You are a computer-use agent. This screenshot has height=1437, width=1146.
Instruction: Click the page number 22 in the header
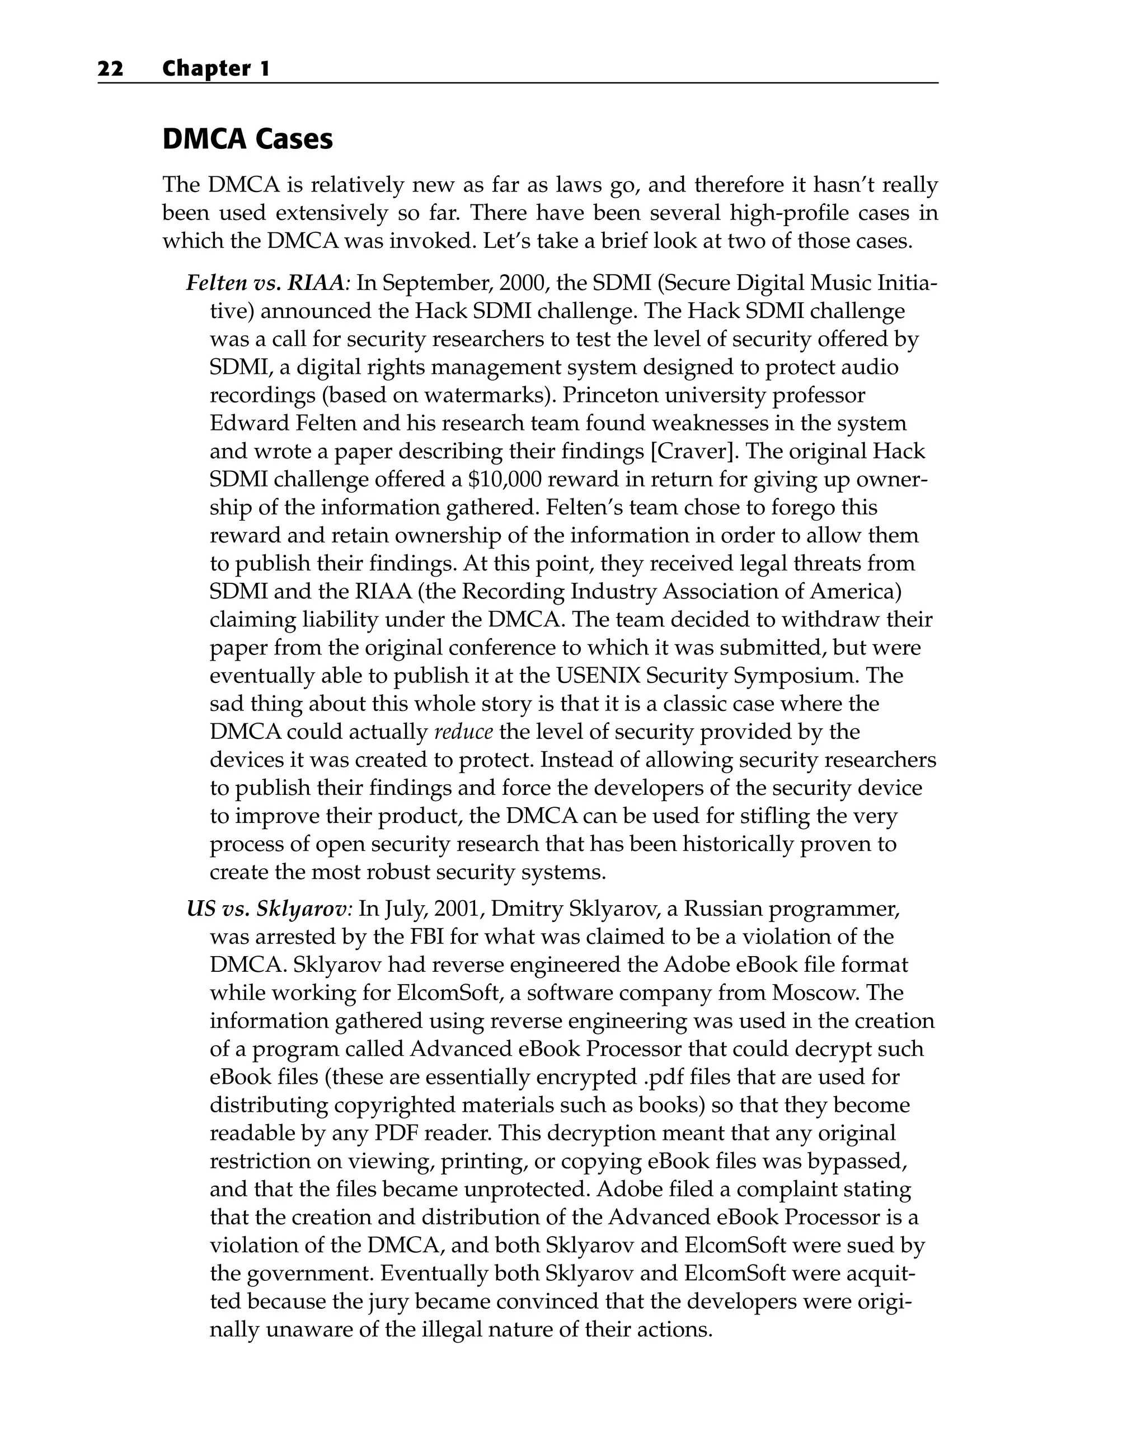point(111,69)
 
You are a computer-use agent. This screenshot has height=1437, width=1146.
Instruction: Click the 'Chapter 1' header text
point(216,69)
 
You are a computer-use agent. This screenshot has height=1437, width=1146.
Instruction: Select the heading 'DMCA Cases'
point(247,139)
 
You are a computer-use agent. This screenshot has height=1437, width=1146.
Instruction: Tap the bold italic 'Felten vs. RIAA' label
point(265,283)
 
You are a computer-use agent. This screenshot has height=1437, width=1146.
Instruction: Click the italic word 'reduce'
point(463,732)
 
